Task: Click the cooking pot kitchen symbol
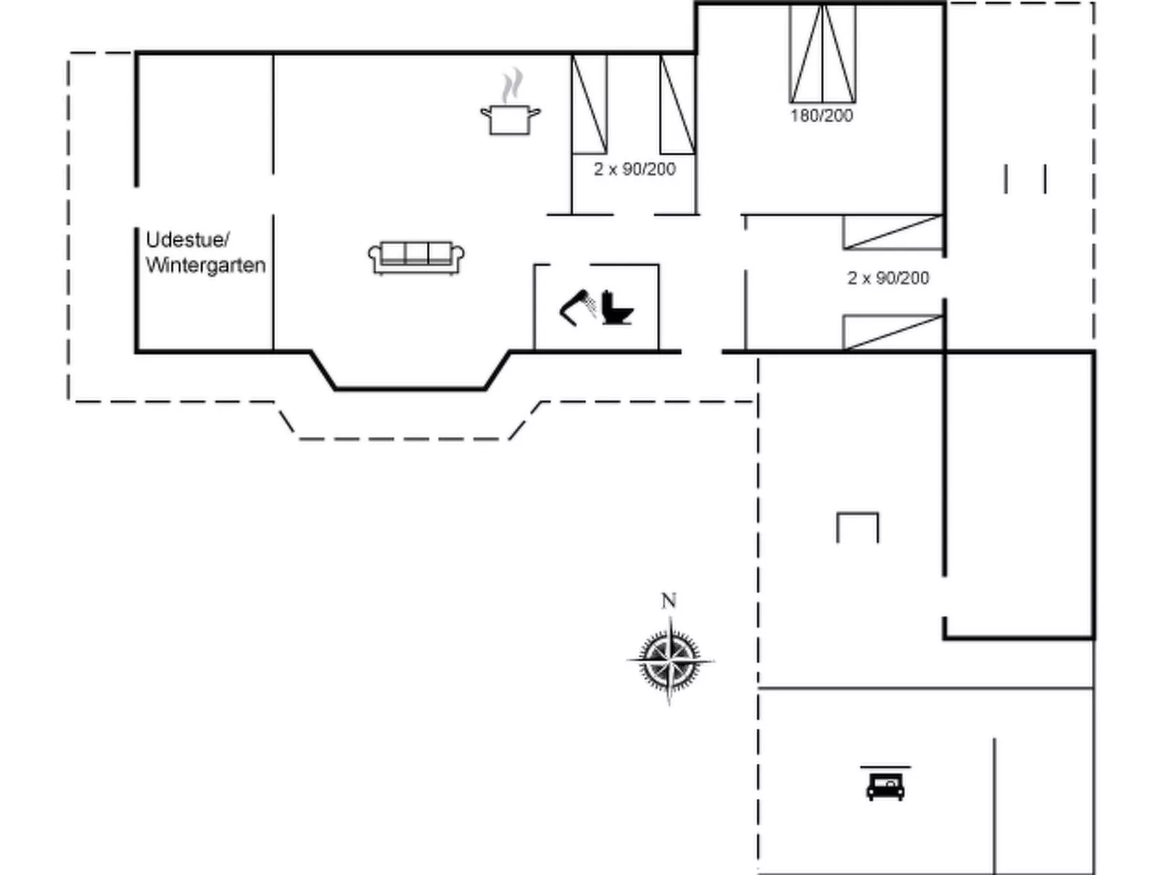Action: [510, 120]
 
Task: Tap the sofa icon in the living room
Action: [416, 259]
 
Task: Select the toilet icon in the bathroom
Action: [616, 308]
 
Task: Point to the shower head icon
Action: [577, 308]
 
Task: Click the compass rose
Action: [670, 661]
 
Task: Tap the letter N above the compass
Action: [669, 601]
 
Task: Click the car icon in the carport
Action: [885, 787]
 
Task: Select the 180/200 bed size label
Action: [821, 115]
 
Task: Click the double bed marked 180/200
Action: [823, 53]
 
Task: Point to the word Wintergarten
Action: [205, 265]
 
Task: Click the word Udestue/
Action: [187, 240]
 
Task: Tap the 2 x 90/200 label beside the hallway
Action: [635, 169]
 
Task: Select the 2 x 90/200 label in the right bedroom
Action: [888, 278]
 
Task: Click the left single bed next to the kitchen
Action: [589, 104]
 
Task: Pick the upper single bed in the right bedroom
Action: [893, 232]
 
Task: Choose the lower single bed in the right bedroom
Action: [893, 333]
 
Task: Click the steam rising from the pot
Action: [512, 85]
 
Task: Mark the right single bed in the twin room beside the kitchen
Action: [678, 104]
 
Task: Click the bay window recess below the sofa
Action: [410, 389]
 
